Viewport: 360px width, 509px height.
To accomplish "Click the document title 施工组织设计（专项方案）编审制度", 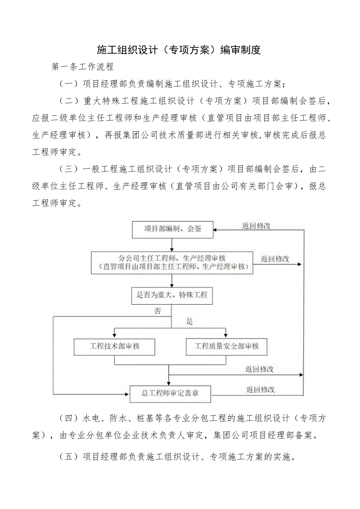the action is pyautogui.click(x=179, y=50).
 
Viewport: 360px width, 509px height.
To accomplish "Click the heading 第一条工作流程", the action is pyautogui.click(x=83, y=67).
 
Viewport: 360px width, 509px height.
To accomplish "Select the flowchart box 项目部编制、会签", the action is pyautogui.click(x=173, y=229).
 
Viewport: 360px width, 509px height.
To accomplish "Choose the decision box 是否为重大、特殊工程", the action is pyautogui.click(x=172, y=295).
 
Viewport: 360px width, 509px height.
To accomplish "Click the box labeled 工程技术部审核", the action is pyautogui.click(x=115, y=347).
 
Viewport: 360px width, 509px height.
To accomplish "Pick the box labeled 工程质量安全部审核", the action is pyautogui.click(x=227, y=347).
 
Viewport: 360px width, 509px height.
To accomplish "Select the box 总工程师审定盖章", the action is pyautogui.click(x=170, y=394).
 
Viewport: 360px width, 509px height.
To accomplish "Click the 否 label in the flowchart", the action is pyautogui.click(x=157, y=311).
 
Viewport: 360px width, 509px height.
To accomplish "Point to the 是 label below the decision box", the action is pyautogui.click(x=189, y=322).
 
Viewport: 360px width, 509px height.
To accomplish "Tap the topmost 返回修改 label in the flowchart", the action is pyautogui.click(x=256, y=226).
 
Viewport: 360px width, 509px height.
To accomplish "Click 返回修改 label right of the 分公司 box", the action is pyautogui.click(x=275, y=259).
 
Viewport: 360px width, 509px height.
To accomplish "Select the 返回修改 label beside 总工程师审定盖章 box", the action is pyautogui.click(x=261, y=390).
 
